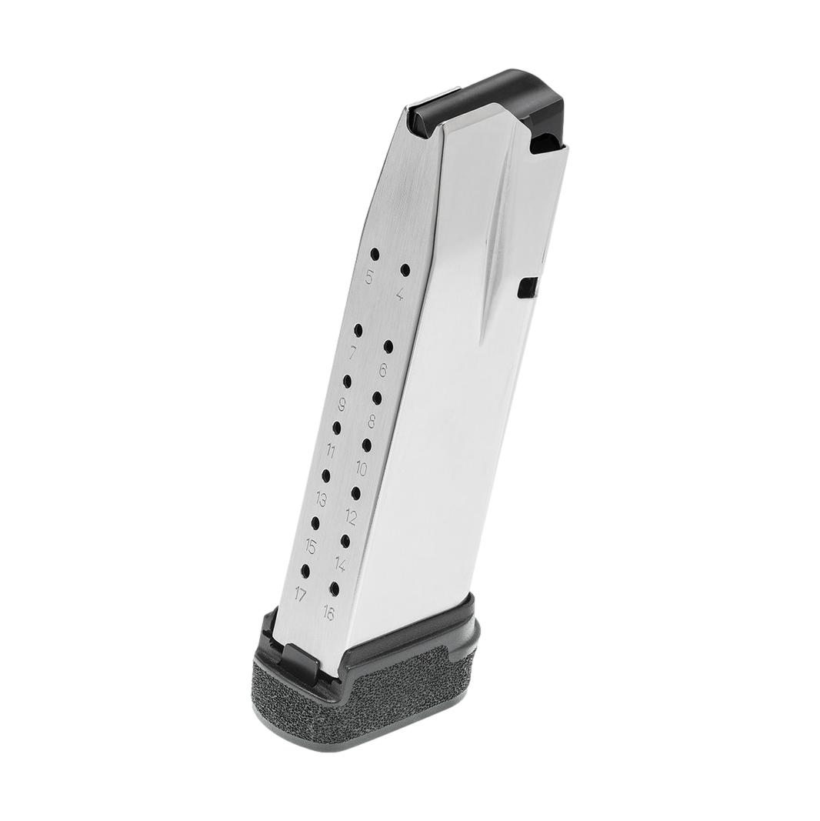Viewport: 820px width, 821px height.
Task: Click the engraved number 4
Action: pos(399,295)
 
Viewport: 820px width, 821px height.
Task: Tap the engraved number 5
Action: pos(369,278)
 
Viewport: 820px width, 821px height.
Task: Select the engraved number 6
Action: pos(382,369)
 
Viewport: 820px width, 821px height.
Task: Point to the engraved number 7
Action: pos(352,354)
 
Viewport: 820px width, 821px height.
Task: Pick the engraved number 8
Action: pos(372,421)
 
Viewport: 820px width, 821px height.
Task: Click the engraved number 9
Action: pos(342,405)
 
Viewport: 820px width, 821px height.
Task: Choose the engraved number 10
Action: pos(361,468)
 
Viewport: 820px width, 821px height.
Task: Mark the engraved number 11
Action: pos(331,451)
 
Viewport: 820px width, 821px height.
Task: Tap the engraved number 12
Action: pos(351,516)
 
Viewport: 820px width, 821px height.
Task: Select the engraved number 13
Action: pos(321,499)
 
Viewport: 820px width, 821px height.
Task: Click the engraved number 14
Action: pos(340,564)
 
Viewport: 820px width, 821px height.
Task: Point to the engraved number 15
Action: pos(310,547)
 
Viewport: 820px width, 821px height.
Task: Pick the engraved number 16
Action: pos(329,613)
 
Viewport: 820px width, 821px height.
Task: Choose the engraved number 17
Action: pos(300,593)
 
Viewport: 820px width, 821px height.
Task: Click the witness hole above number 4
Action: pos(405,270)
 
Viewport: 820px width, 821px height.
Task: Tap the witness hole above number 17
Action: pos(305,570)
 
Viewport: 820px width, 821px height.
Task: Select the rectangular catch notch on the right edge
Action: pos(528,287)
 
